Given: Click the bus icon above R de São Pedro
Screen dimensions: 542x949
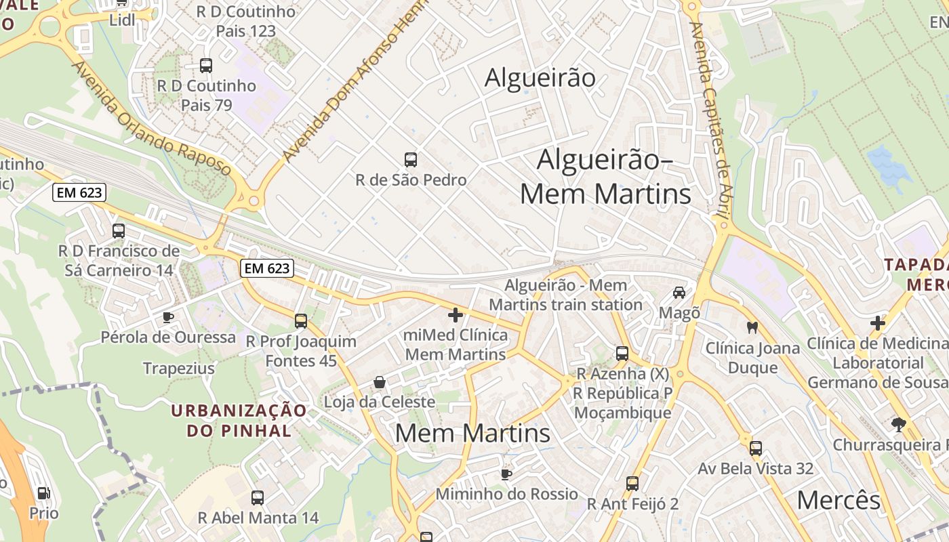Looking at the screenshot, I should [x=410, y=160].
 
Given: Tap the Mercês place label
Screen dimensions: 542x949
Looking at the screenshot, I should [x=838, y=501].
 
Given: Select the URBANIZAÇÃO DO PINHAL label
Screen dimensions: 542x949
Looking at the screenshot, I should [x=238, y=420].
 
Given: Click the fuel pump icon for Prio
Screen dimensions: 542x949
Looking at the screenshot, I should [x=43, y=494].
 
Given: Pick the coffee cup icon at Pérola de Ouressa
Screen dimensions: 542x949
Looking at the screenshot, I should [x=168, y=317].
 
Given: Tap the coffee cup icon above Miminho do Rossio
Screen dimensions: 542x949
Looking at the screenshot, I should [x=506, y=474].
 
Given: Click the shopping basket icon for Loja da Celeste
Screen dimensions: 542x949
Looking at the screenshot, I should [x=380, y=383].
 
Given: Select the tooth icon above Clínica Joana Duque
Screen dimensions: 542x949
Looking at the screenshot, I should [x=751, y=328].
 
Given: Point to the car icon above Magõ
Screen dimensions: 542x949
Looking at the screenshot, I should [x=679, y=293].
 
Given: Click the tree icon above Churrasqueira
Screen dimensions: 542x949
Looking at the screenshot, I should [x=899, y=425].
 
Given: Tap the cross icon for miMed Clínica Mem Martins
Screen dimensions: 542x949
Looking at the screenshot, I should [x=456, y=315].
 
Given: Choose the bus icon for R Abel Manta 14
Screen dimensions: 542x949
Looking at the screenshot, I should [x=258, y=498].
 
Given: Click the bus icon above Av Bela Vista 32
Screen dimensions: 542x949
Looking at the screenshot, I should [x=756, y=449].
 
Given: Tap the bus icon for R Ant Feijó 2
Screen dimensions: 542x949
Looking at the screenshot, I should [x=632, y=484].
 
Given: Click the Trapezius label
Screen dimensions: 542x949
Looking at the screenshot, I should [x=179, y=369].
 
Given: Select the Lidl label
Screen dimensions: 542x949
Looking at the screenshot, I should [x=122, y=20].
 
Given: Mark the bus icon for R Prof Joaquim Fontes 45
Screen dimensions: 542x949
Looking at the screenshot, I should [x=301, y=321].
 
